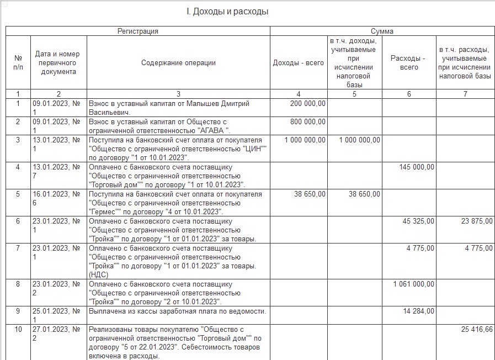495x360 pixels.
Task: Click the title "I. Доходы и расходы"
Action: [228, 12]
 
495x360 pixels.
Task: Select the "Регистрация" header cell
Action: [137, 31]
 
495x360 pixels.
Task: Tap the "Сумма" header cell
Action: [382, 31]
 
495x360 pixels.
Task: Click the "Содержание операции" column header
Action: [178, 63]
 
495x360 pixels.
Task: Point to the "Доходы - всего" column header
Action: [299, 63]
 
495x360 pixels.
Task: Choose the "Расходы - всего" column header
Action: [408, 63]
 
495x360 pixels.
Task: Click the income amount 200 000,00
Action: [307, 103]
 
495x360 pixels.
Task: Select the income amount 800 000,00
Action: [307, 121]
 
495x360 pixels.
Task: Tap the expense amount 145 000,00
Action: [417, 167]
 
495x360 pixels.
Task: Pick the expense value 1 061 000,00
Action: [414, 284]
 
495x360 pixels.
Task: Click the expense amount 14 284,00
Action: [419, 311]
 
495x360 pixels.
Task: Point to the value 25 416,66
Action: [473, 330]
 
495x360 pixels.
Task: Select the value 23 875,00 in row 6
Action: [473, 221]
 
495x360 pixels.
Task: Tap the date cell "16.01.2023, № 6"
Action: [58, 199]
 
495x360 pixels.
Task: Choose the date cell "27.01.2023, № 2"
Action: [58, 334]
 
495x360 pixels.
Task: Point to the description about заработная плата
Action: [177, 311]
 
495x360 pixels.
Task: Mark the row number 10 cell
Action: [18, 330]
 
